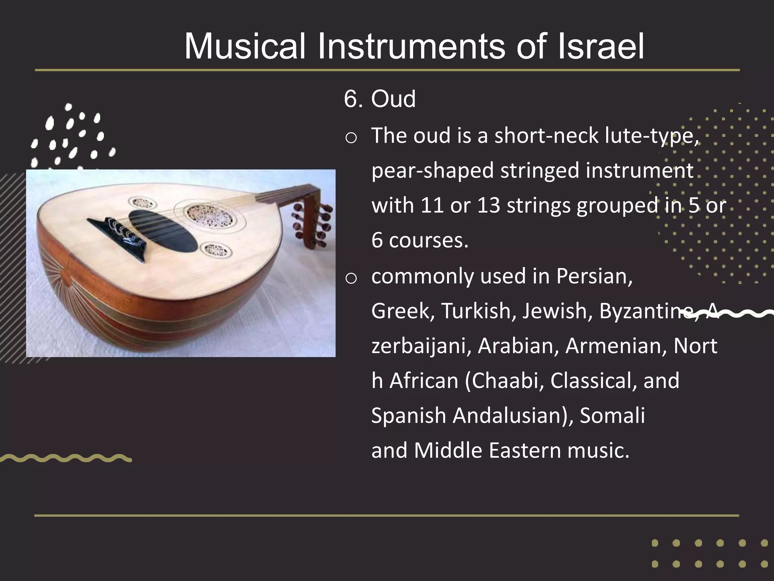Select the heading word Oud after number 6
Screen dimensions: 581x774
pos(393,99)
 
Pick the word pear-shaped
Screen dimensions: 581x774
pos(432,171)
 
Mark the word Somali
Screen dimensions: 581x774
pos(612,415)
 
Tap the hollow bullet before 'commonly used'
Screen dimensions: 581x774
pos(351,278)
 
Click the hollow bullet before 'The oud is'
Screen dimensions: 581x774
pos(351,138)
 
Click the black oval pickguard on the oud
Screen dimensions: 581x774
pos(163,231)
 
